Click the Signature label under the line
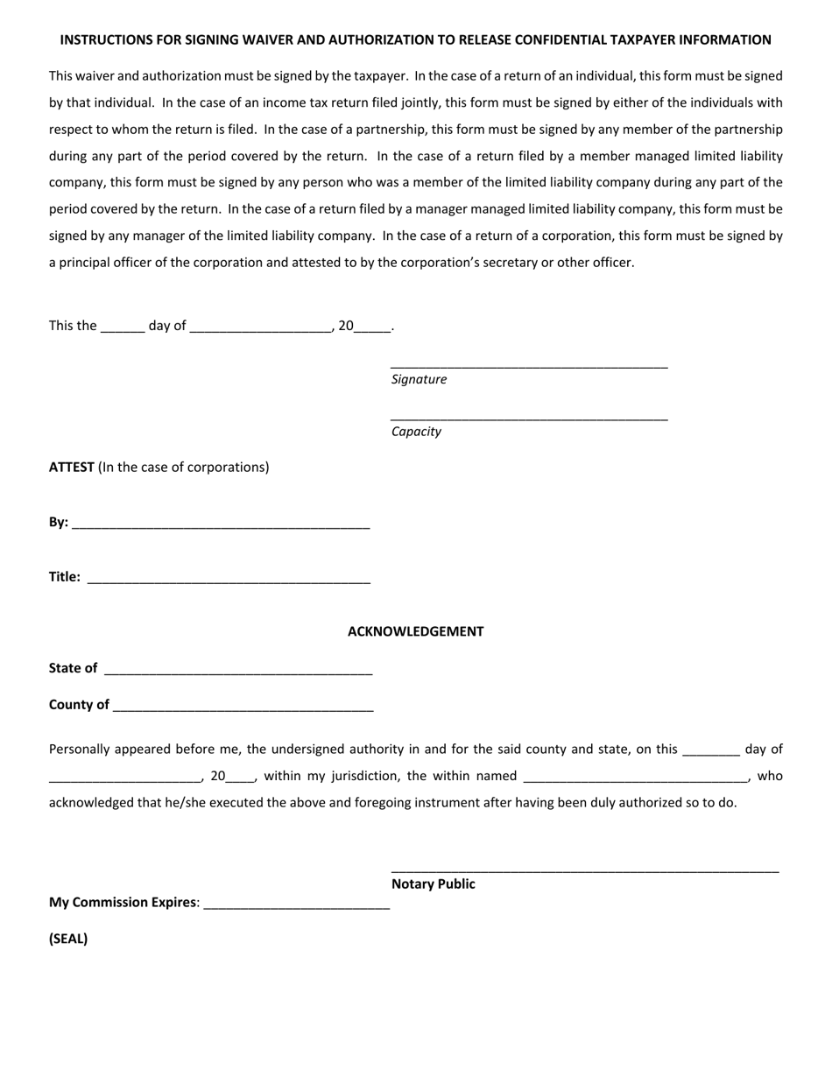tap(419, 379)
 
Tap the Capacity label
tap(416, 432)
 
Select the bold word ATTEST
tap(72, 467)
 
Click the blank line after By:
tap(221, 525)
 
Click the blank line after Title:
tap(229, 580)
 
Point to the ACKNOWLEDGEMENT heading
tap(415, 631)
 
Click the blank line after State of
tap(238, 672)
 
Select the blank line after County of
tap(243, 708)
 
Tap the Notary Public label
tap(433, 883)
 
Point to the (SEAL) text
tap(68, 939)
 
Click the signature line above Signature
tap(529, 366)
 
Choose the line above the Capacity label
tap(529, 419)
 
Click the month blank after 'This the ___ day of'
tap(260, 329)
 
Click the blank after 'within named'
tap(635, 779)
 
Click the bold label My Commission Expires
tap(123, 902)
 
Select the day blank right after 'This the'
tap(123, 329)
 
